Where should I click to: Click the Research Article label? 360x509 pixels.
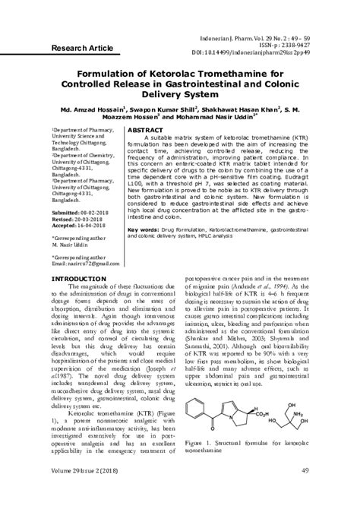81,48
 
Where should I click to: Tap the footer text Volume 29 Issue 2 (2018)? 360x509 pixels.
92,493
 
